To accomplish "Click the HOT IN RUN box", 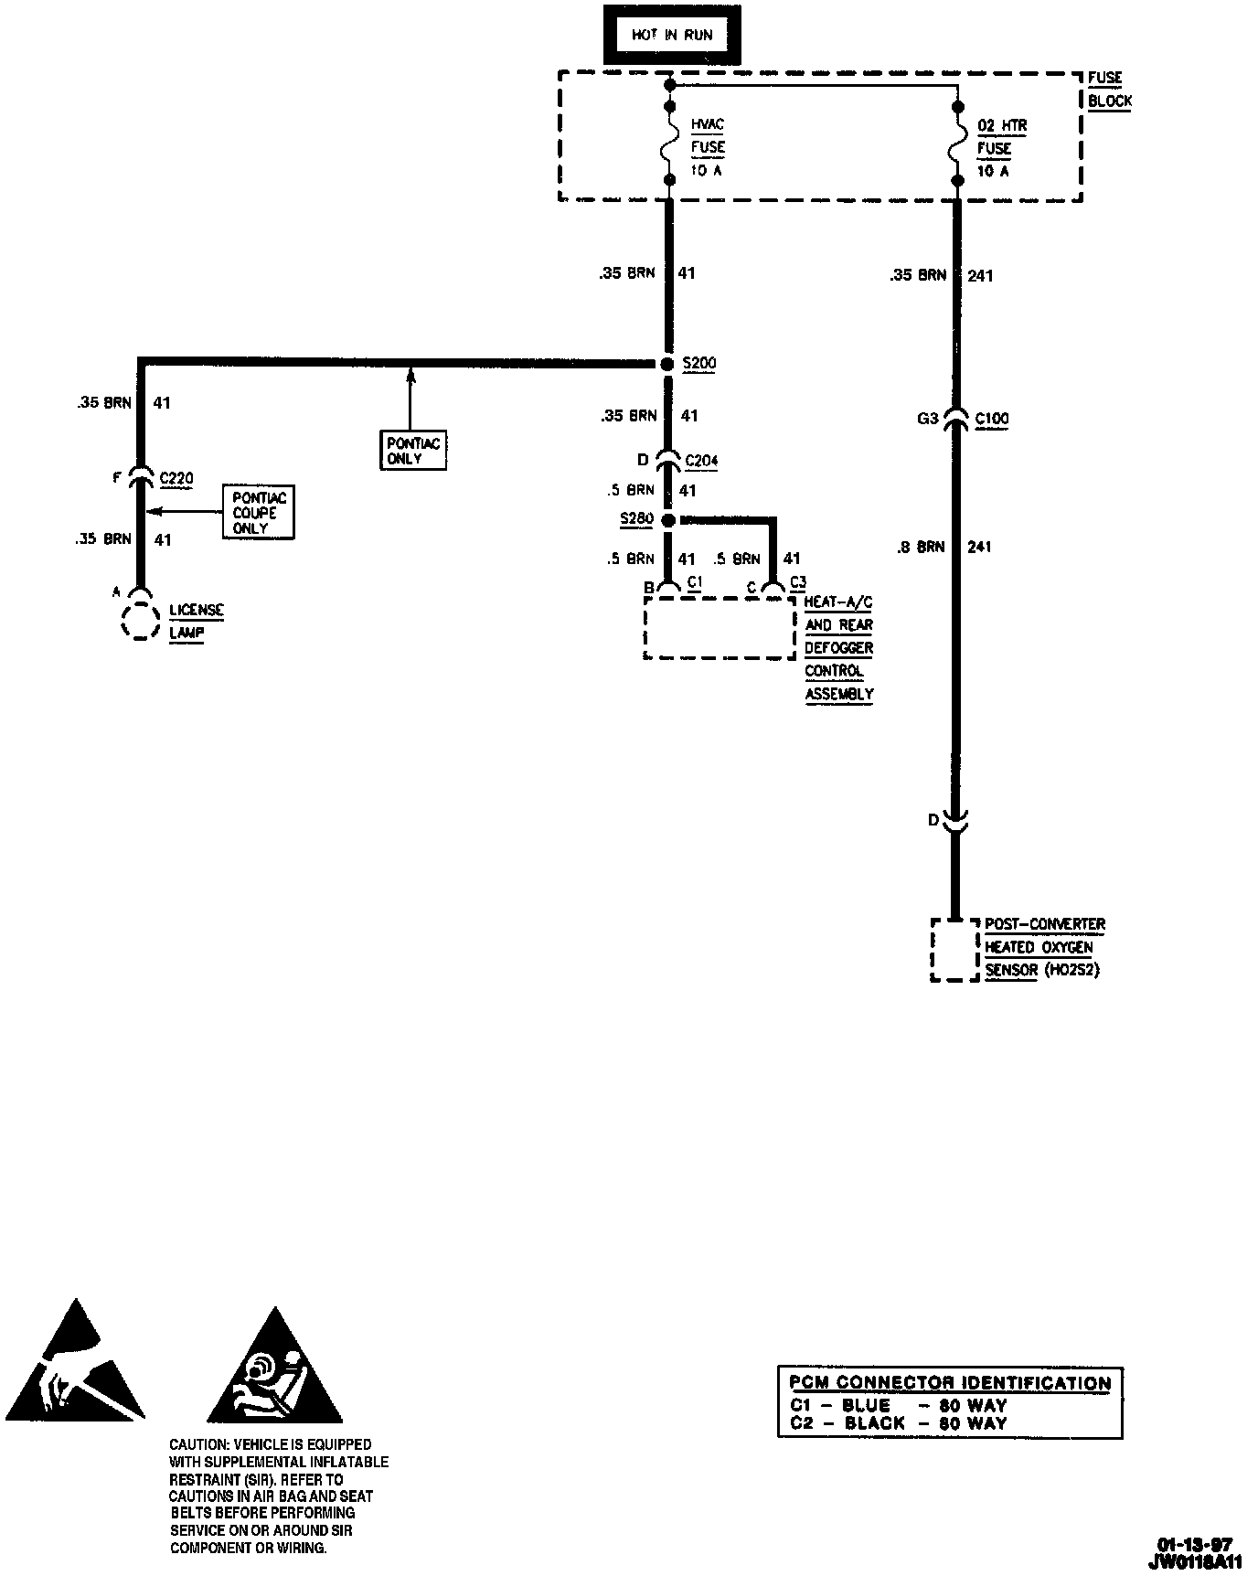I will point(672,35).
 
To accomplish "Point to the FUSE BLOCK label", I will point(1108,90).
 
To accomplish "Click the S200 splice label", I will point(700,363).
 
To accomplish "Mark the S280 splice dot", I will point(668,520).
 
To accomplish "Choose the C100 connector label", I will point(992,419).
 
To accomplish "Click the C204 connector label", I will point(701,460).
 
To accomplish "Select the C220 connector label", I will point(176,477).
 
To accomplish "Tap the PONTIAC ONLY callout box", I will point(413,451).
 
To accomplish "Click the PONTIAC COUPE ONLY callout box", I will point(259,513).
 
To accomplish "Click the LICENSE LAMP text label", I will point(196,622).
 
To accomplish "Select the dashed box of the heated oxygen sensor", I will point(954,950).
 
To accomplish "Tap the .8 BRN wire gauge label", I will point(918,547).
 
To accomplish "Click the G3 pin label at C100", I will point(927,419).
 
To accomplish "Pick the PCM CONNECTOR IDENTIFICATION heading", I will point(950,1383).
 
